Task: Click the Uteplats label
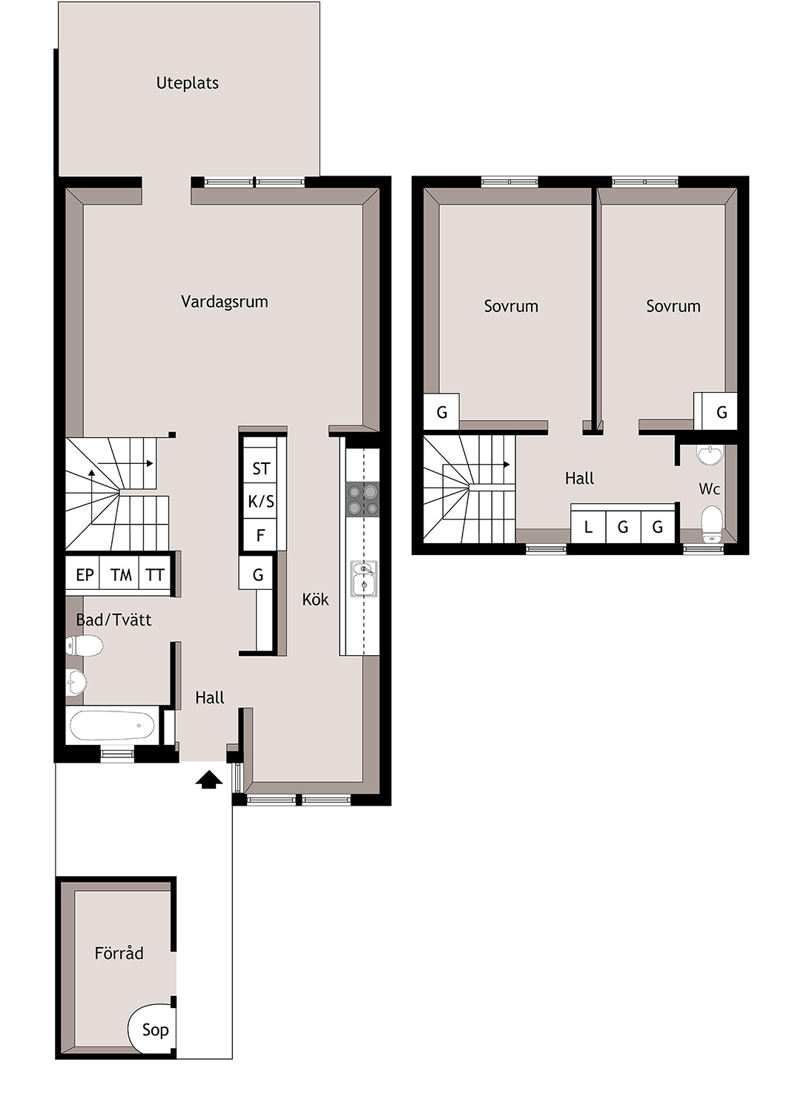(188, 83)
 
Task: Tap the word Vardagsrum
(225, 302)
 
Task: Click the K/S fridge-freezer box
(260, 501)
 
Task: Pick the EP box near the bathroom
(83, 574)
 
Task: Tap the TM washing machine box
(119, 574)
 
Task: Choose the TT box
(155, 574)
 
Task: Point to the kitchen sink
(363, 579)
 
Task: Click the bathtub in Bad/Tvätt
(113, 726)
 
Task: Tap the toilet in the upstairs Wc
(712, 520)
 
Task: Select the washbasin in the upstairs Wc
(711, 455)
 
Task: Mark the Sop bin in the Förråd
(152, 1030)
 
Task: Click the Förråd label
(119, 952)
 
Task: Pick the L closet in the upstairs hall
(588, 527)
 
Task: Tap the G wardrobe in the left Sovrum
(442, 411)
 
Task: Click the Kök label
(315, 600)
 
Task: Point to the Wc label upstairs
(709, 489)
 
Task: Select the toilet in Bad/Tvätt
(85, 646)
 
